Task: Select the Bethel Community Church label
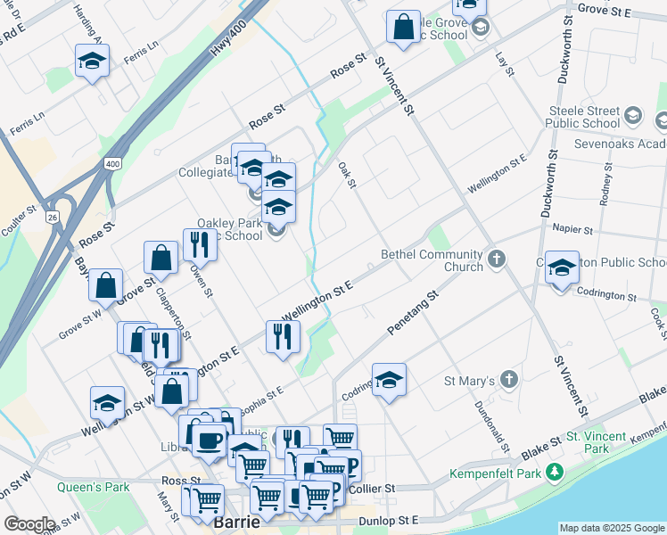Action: click(x=432, y=255)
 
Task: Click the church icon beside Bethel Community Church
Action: click(x=497, y=261)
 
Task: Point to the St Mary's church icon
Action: click(x=508, y=380)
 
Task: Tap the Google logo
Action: click(x=29, y=524)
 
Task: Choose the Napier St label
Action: click(x=572, y=229)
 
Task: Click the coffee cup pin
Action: click(x=210, y=440)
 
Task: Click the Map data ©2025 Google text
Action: click(x=611, y=528)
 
